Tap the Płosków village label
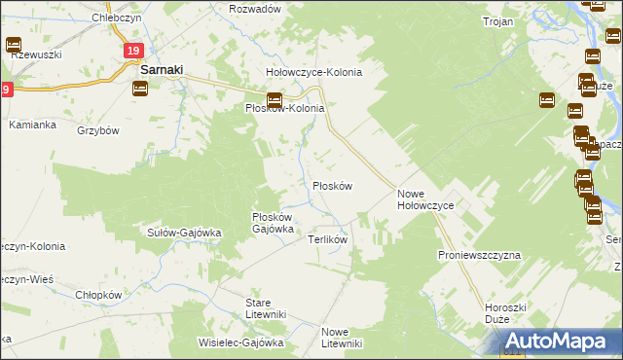coord(331,185)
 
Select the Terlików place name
coord(328,238)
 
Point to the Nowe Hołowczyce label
coord(432,199)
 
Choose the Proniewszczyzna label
coord(479,254)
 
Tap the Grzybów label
coord(97,130)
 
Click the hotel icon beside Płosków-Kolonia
coord(275,99)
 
